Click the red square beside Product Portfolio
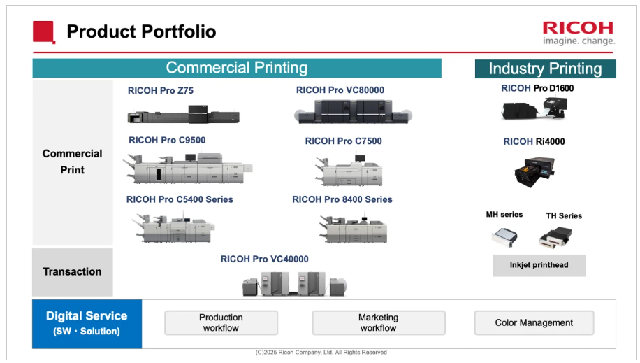tap(43, 31)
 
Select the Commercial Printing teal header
tap(237, 68)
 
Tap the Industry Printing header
tap(545, 69)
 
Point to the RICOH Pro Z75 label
tap(161, 90)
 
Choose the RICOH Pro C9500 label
tap(167, 141)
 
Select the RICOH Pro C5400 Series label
tap(180, 199)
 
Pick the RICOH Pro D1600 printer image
tap(534, 108)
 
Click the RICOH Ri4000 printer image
tap(533, 171)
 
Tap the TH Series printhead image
tap(556, 238)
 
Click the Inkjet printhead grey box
tap(539, 265)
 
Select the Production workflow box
tap(221, 322)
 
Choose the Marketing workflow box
tap(378, 322)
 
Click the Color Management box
tap(534, 322)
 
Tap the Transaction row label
tap(72, 271)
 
